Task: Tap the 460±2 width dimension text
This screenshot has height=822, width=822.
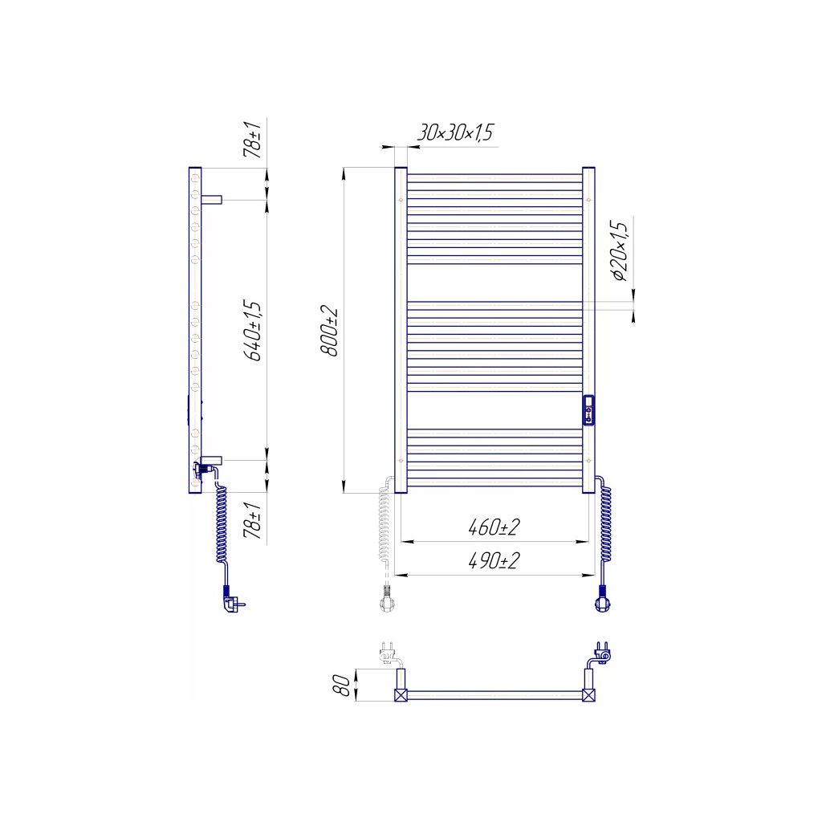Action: (x=494, y=527)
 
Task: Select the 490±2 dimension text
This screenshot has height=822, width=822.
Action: (x=494, y=560)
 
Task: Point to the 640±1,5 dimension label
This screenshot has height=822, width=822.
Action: (x=253, y=330)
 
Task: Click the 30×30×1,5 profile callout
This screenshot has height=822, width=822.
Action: (x=455, y=132)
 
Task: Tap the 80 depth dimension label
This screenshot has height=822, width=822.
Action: (x=342, y=686)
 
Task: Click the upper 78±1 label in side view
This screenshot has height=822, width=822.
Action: (x=253, y=140)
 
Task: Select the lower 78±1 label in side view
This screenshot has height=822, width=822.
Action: (x=253, y=520)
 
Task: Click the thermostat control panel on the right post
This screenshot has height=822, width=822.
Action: (x=588, y=409)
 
